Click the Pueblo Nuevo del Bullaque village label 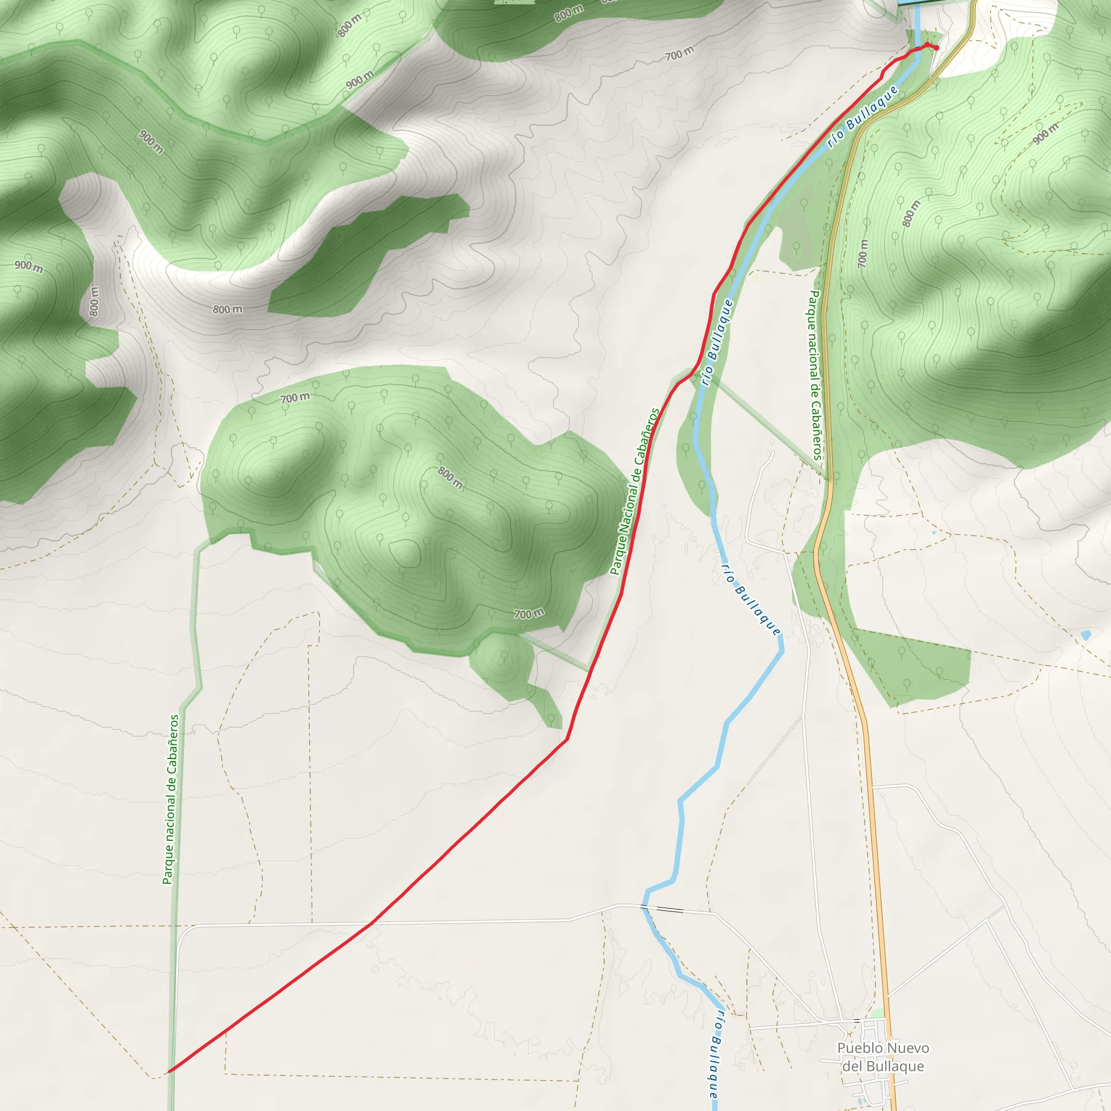coord(883,1057)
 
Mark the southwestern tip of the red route coord(168,1072)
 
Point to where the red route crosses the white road coord(372,923)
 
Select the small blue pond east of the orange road coord(1086,635)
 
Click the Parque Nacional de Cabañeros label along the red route coord(635,491)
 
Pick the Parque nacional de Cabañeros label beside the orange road coord(815,375)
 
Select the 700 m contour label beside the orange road coord(863,253)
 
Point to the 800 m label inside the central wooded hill coord(450,477)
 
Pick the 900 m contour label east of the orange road coord(1045,134)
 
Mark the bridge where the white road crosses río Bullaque coord(667,909)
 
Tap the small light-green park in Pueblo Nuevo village coord(878,1014)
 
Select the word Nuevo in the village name coord(908,1048)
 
